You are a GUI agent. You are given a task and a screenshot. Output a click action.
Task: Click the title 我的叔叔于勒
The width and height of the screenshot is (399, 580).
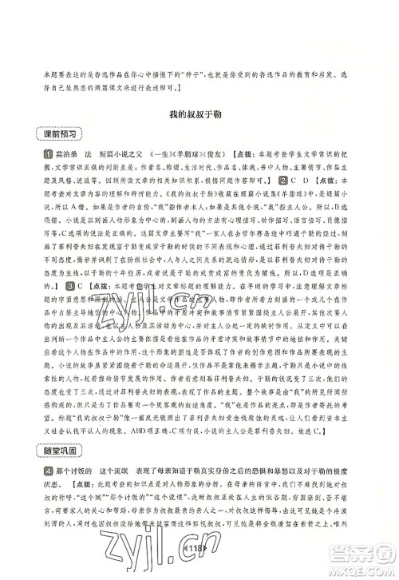pyautogui.click(x=199, y=116)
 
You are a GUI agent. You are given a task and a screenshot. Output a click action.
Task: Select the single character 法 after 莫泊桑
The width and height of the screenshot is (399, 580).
pyautogui.click(x=82, y=153)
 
